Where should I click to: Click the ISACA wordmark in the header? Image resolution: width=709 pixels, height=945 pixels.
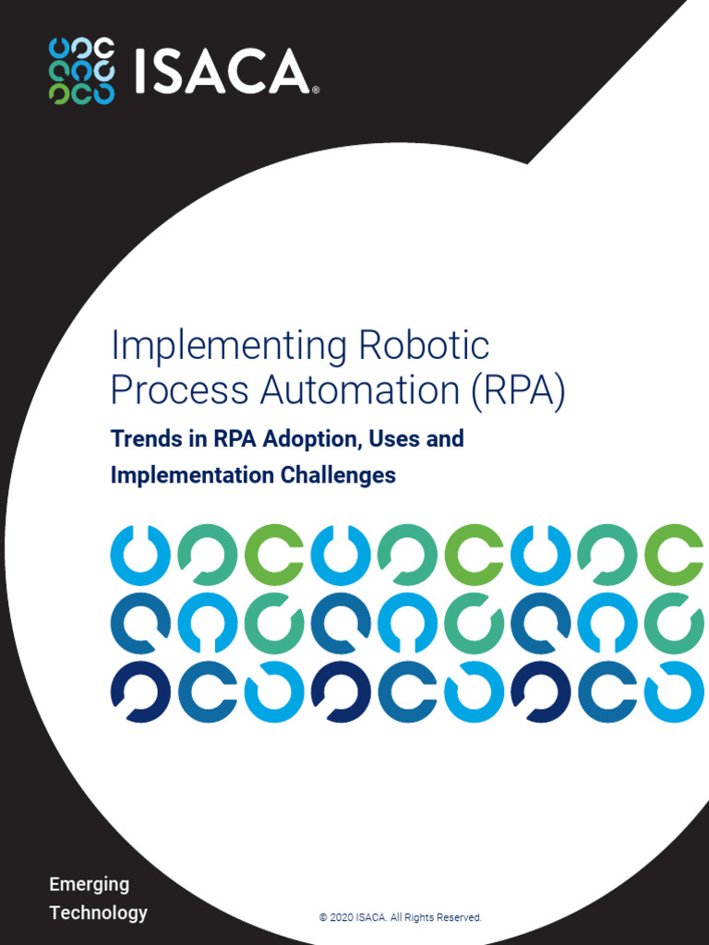click(222, 71)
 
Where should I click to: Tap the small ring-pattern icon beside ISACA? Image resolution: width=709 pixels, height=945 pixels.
click(81, 71)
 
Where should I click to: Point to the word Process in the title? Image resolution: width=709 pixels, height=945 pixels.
click(180, 390)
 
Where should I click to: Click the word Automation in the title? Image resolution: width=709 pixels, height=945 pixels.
click(360, 390)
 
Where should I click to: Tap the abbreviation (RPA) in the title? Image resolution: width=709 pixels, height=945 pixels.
click(517, 390)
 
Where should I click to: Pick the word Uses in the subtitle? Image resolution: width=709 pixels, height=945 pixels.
click(394, 438)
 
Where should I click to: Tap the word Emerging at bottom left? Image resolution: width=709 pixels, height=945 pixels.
click(89, 884)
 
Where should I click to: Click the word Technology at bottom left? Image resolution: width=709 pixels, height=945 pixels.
click(98, 913)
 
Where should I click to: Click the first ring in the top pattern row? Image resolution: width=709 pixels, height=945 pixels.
click(140, 555)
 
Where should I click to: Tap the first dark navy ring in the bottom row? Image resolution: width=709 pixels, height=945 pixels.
click(140, 692)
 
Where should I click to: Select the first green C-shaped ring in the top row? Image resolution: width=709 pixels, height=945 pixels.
click(274, 555)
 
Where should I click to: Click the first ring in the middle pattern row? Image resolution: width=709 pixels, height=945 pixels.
click(140, 624)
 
